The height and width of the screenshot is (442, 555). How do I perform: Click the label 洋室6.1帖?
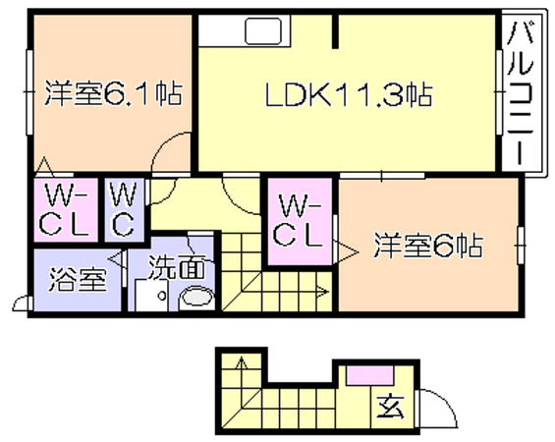click(x=114, y=93)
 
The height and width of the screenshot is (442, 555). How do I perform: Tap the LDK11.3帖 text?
click(x=349, y=94)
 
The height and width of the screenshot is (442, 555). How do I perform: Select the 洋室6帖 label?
click(x=428, y=246)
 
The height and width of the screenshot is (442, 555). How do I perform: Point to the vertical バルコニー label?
click(x=520, y=93)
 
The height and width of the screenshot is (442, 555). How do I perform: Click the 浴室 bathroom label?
click(x=78, y=279)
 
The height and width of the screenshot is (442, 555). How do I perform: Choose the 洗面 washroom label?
click(x=176, y=267)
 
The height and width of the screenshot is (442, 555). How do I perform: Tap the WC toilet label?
click(x=123, y=210)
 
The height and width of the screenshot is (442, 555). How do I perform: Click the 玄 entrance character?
click(x=390, y=408)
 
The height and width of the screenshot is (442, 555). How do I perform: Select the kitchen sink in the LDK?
click(x=264, y=31)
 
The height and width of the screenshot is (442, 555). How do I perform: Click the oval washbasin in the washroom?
click(x=197, y=298)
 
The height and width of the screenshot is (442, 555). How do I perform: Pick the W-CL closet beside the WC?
click(x=65, y=210)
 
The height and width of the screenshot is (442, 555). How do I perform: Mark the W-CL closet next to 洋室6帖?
click(x=299, y=223)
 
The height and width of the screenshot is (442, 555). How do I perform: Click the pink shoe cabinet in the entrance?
click(x=369, y=375)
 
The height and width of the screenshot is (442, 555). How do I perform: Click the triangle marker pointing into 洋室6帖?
click(x=346, y=252)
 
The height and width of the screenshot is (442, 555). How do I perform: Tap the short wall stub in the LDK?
click(x=335, y=31)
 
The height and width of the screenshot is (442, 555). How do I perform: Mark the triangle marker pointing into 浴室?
click(x=116, y=259)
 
